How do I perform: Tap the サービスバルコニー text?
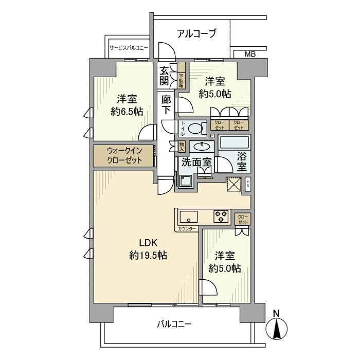pyautogui.click(x=128, y=48)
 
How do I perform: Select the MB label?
pyautogui.click(x=249, y=53)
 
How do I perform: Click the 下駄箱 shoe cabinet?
pyautogui.click(x=181, y=79)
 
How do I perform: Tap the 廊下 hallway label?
pyautogui.click(x=166, y=105)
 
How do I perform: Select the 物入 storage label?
pyautogui.click(x=182, y=147)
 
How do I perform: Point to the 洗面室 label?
pyautogui.click(x=196, y=162)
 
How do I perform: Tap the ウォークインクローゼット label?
pyautogui.click(x=123, y=155)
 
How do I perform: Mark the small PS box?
pyautogui.click(x=248, y=184)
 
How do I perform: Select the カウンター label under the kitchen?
pyautogui.click(x=186, y=228)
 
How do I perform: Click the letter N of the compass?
pyautogui.click(x=276, y=313)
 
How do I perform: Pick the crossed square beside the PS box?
pyautogui.click(x=234, y=184)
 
